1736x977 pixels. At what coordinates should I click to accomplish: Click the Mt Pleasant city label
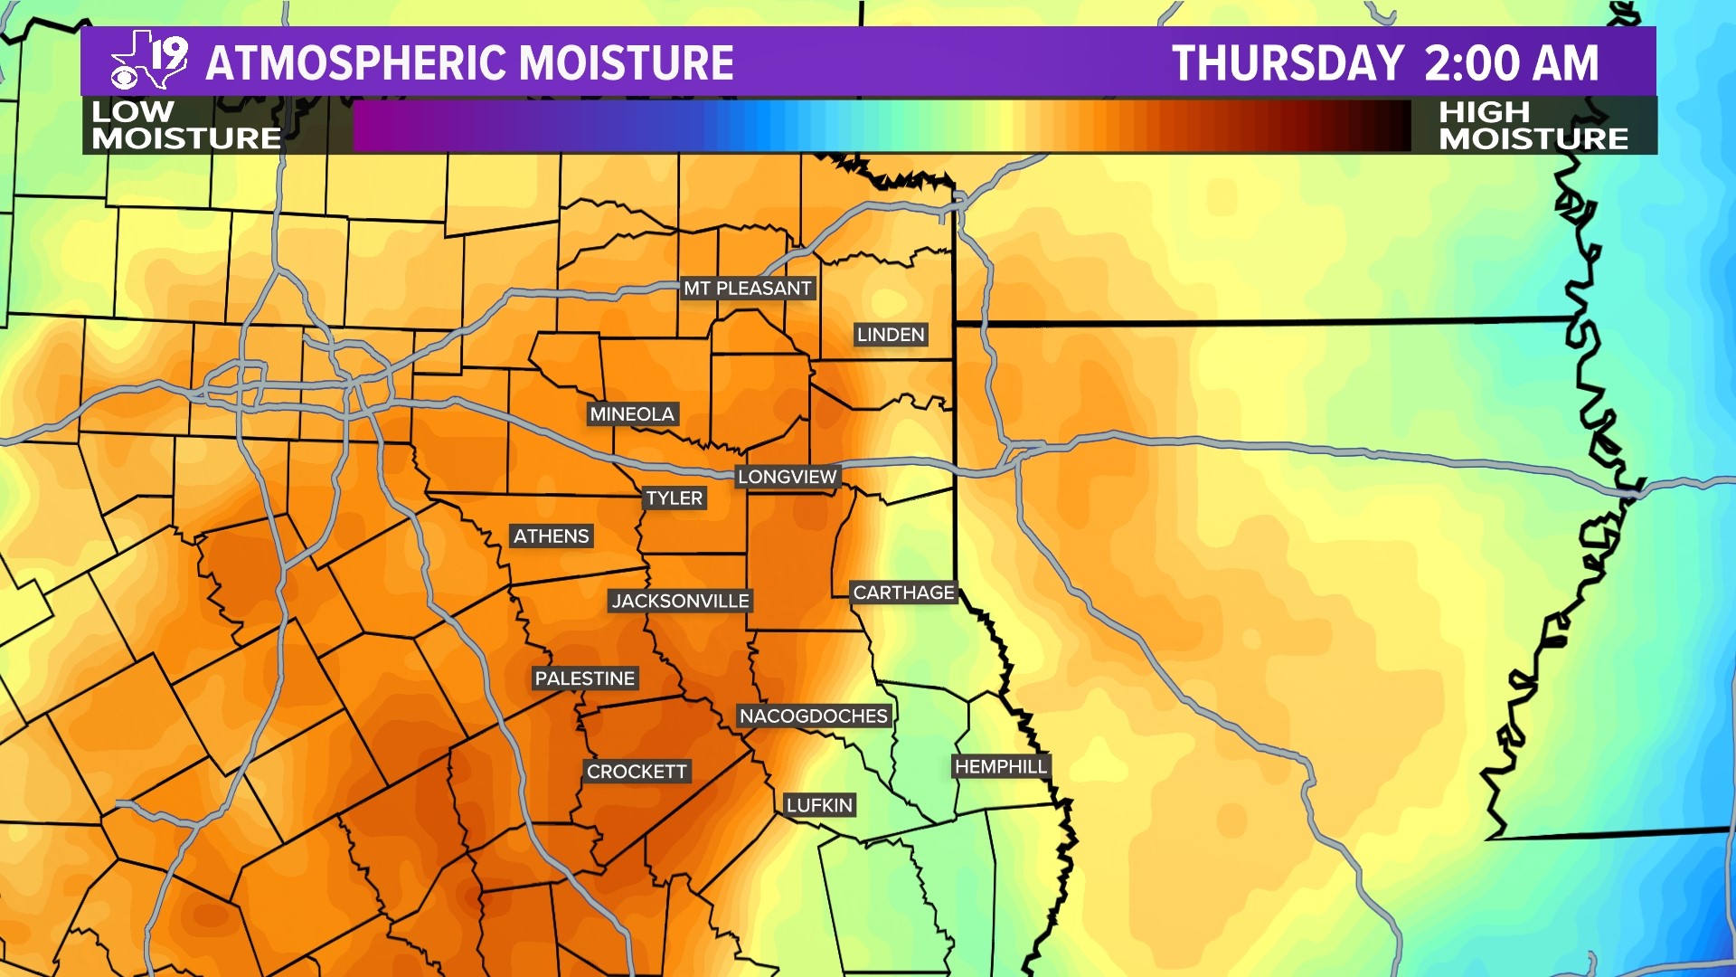(747, 289)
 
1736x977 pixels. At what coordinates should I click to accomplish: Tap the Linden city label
(891, 335)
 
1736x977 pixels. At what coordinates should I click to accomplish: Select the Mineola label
(632, 414)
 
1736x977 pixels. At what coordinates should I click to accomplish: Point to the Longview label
(787, 477)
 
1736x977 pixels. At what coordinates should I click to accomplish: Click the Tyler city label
(674, 498)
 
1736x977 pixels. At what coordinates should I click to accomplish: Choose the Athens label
(551, 536)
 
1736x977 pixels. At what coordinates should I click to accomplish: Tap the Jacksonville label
(680, 601)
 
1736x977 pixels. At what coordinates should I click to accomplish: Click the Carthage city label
(903, 593)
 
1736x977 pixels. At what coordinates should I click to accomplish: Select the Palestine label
(584, 678)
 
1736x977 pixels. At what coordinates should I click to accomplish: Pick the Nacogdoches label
(813, 716)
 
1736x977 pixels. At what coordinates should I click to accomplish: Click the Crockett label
(637, 772)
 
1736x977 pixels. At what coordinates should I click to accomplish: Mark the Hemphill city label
(1000, 767)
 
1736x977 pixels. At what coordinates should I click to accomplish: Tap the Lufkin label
(819, 805)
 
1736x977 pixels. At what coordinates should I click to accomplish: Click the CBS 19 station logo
(149, 62)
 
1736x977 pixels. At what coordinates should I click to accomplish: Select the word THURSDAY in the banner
(1288, 63)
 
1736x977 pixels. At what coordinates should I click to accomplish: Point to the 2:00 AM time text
(1511, 63)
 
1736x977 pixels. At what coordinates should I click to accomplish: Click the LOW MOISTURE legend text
(185, 125)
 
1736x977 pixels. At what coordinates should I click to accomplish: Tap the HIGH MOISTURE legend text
(1533, 125)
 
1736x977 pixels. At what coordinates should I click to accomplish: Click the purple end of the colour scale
(380, 126)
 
